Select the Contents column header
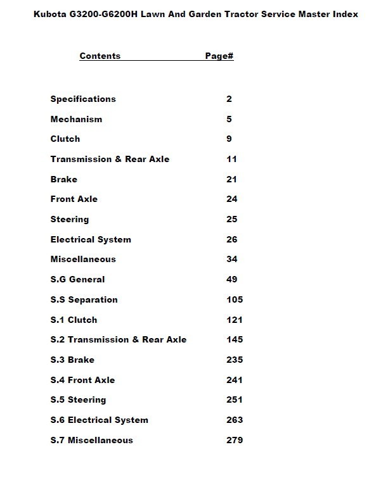pos(100,56)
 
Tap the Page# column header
pos(219,56)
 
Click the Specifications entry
pos(83,99)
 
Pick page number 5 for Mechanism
pos(229,119)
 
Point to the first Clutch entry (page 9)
pos(65,139)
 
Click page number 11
pos(231,159)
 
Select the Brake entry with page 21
pos(64,179)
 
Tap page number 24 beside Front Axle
pos(231,199)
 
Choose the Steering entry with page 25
pos(70,219)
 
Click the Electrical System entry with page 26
pos(91,239)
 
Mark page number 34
pos(231,259)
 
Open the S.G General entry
pos(77,279)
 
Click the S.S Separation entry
pos(84,299)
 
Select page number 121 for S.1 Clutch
pos(234,320)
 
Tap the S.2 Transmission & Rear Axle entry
pos(119,339)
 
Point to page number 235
pos(234,360)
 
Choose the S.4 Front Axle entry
pos(82,380)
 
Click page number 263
pos(234,420)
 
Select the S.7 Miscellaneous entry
pos(92,440)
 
